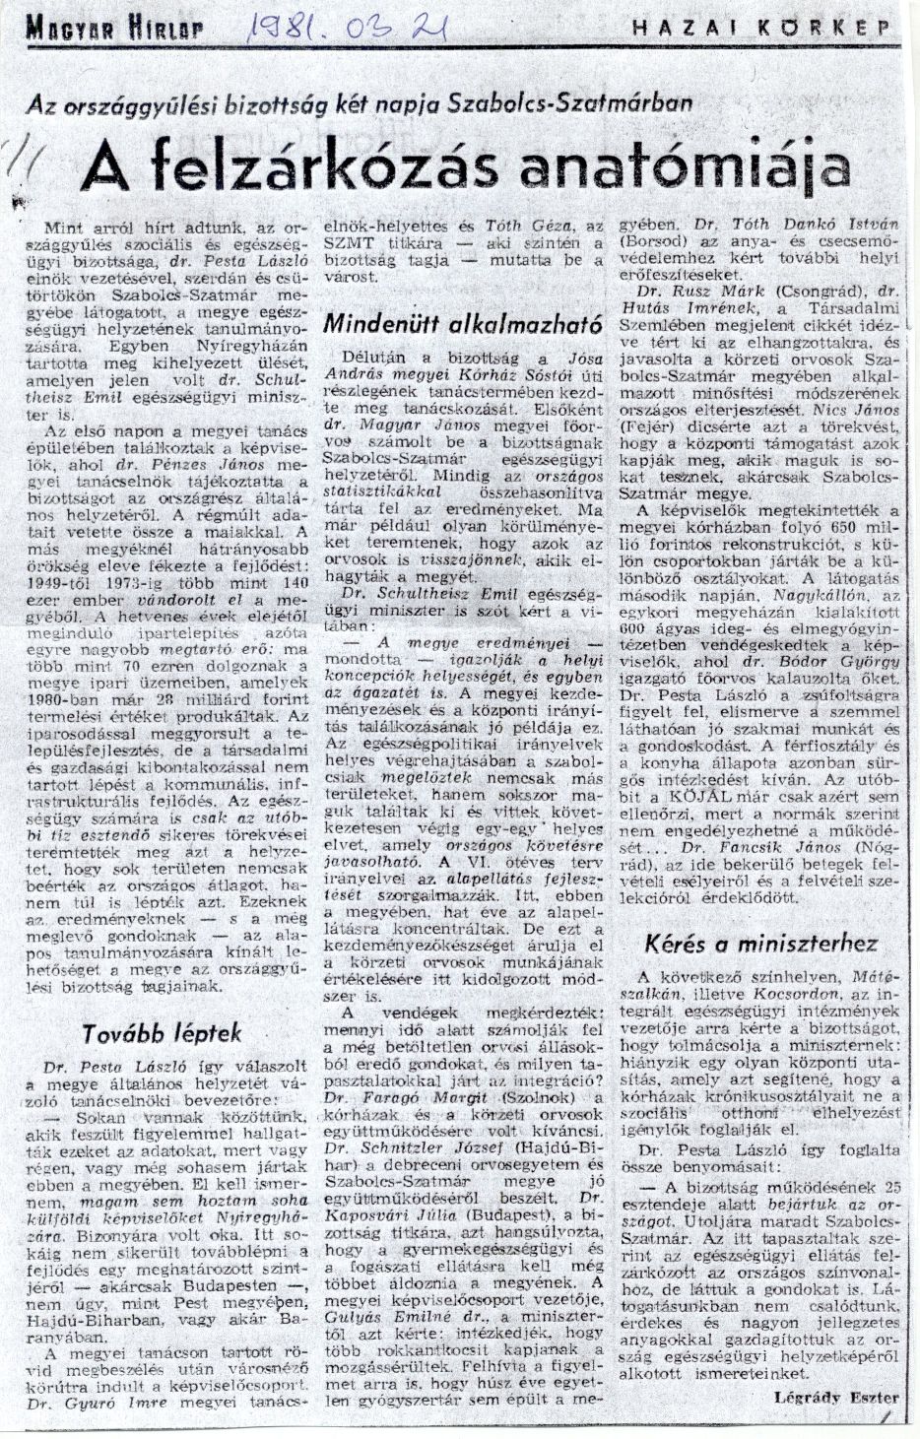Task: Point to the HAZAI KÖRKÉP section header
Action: [765, 30]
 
